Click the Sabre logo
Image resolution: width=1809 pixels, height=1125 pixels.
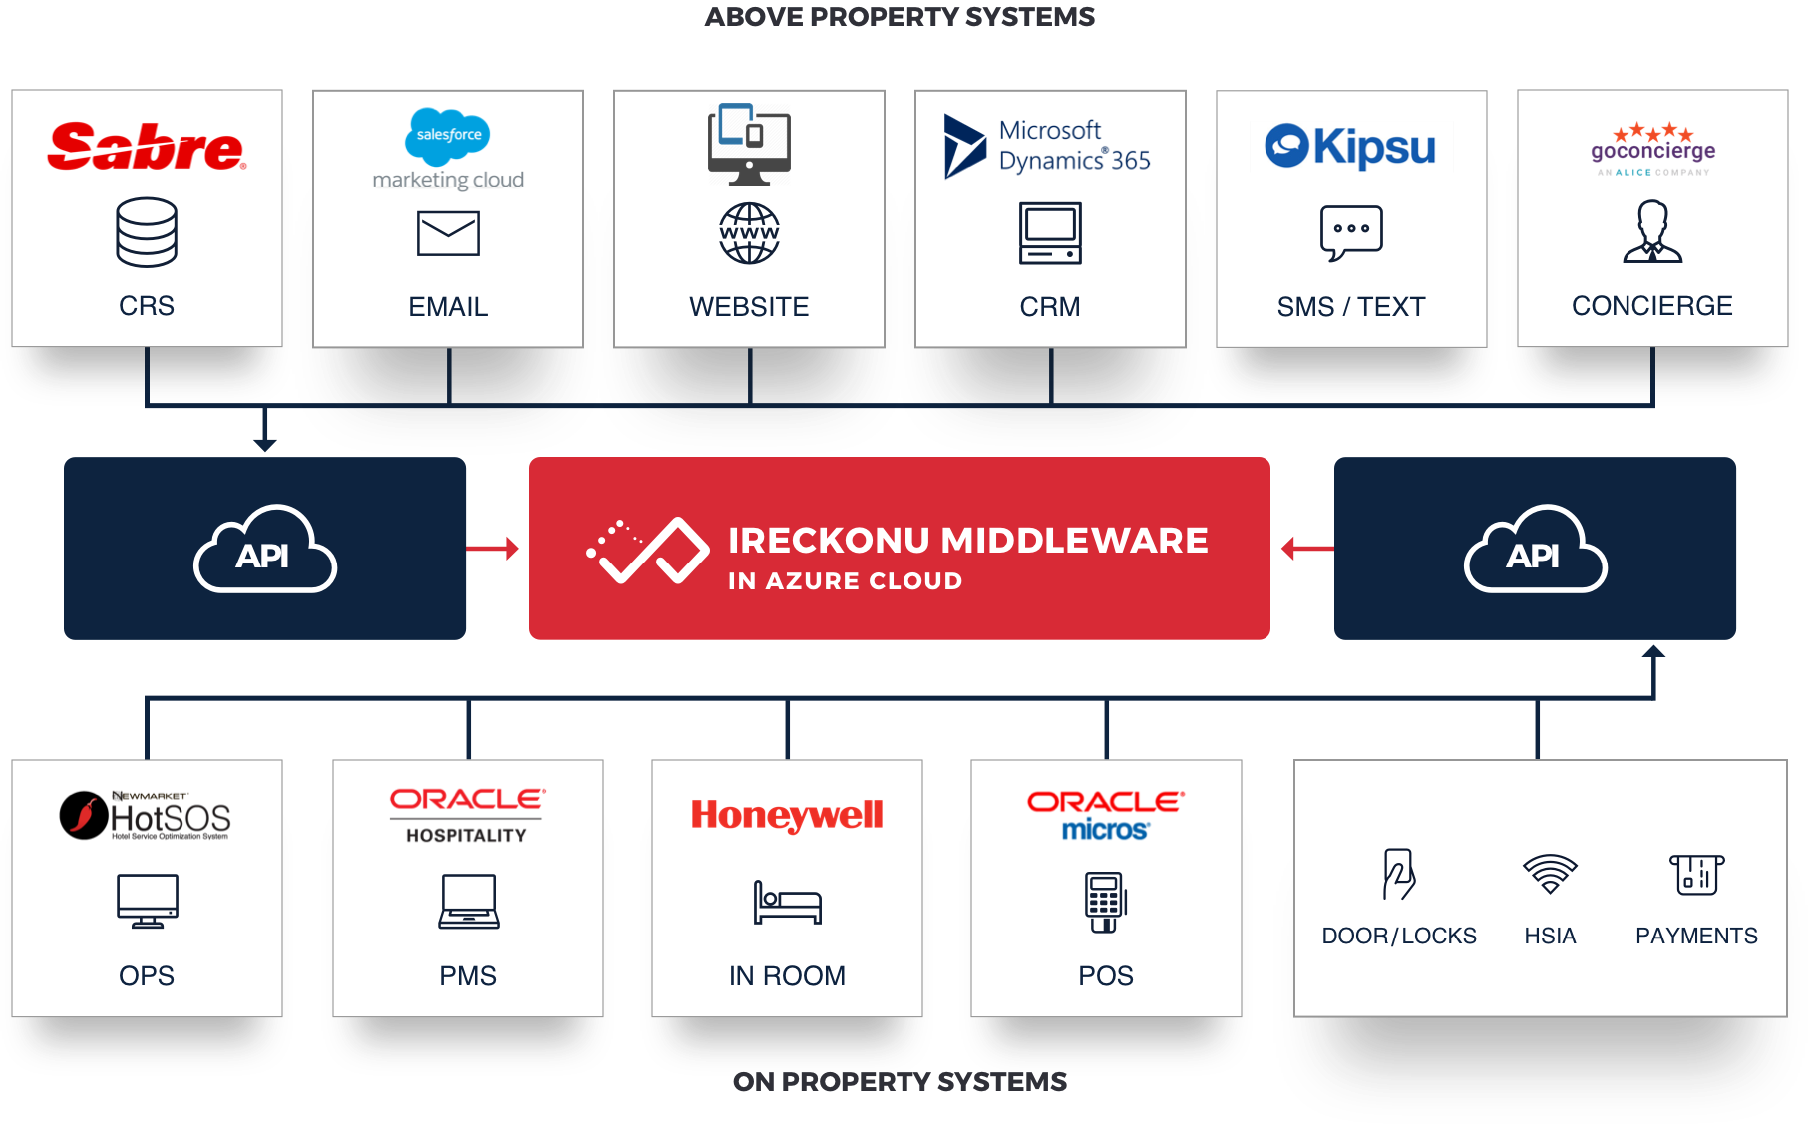click(147, 147)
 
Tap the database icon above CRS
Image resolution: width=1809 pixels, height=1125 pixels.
click(147, 232)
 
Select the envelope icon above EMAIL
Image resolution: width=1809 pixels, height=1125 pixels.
click(448, 233)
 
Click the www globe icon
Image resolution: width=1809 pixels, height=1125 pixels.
click(749, 233)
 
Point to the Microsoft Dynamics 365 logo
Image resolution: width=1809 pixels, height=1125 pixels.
click(1048, 146)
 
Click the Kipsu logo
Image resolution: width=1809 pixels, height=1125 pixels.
click(1350, 147)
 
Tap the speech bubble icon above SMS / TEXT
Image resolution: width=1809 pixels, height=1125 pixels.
click(1351, 232)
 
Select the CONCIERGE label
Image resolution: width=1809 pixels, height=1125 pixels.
click(1651, 306)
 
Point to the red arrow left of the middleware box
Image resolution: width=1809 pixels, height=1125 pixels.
click(494, 548)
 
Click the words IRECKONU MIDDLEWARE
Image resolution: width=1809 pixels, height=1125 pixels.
click(967, 541)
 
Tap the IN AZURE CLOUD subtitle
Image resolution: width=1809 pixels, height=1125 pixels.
click(845, 581)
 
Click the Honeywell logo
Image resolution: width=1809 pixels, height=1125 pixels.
click(787, 815)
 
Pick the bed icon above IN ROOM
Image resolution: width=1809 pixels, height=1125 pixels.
click(787, 903)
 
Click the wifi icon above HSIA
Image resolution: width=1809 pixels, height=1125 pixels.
click(1550, 874)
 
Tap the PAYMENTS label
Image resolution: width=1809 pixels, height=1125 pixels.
click(1696, 936)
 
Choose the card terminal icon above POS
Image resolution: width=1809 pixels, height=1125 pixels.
click(1105, 902)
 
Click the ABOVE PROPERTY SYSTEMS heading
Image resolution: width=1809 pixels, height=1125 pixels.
click(900, 17)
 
